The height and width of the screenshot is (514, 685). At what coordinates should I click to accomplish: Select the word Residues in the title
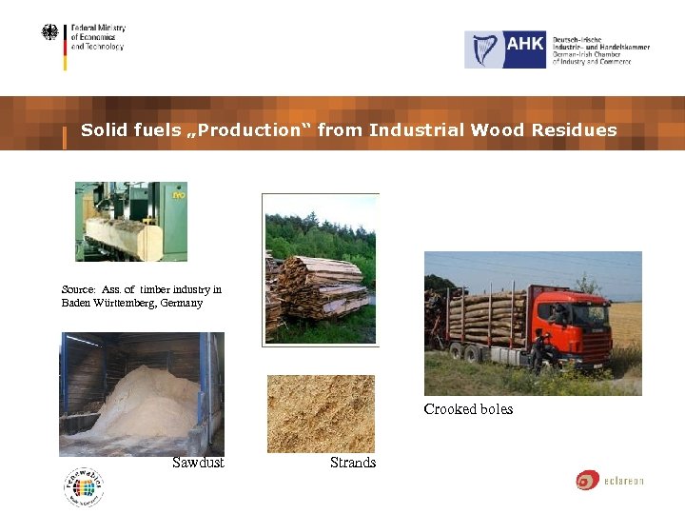(x=576, y=130)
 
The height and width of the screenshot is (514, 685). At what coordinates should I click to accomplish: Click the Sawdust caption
(x=198, y=463)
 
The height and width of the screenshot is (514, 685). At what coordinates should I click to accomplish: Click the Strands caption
(x=353, y=463)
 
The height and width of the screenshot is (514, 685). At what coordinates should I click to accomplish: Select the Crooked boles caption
(x=468, y=409)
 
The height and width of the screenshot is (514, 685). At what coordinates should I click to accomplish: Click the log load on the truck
(x=486, y=319)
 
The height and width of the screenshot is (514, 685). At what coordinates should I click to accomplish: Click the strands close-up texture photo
(x=321, y=413)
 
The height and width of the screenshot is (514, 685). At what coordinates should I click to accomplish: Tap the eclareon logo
(x=609, y=481)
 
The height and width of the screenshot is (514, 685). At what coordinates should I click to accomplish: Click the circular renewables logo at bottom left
(x=84, y=487)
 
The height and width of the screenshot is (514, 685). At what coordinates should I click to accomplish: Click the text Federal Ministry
(x=99, y=29)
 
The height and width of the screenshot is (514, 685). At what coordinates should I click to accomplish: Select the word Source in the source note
(x=77, y=289)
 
